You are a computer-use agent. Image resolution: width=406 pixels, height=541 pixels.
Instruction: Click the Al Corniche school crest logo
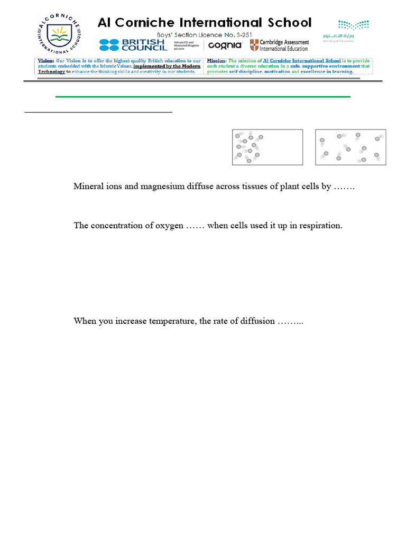point(59,34)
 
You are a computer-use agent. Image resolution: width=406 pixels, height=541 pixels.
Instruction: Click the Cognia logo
point(225,45)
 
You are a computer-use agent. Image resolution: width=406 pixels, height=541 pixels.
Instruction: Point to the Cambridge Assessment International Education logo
point(279,45)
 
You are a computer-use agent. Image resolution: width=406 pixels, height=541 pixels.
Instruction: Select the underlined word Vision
point(45,61)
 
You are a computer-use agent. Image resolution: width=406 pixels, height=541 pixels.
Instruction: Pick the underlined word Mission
point(216,61)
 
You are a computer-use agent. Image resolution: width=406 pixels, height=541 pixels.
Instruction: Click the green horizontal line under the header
point(203,97)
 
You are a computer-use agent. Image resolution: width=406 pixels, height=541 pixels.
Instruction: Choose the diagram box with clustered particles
point(267,147)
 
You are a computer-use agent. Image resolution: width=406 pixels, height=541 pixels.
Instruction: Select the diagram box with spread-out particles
point(350,147)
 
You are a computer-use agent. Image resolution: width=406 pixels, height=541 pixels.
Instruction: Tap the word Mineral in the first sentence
point(87,186)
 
